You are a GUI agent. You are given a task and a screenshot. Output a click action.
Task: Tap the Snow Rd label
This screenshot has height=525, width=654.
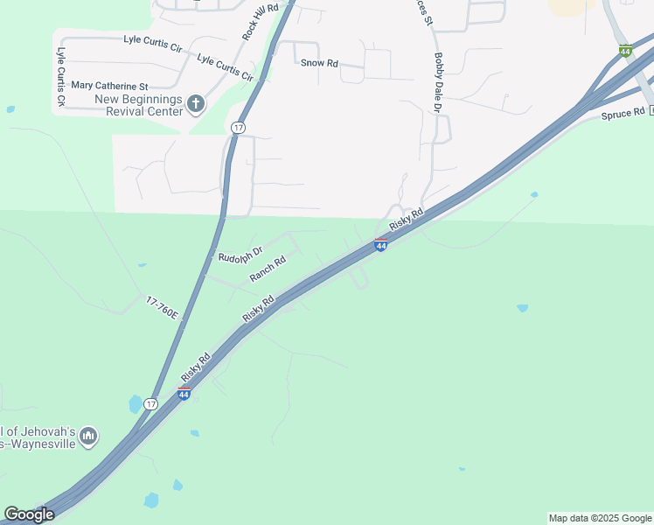click(x=319, y=63)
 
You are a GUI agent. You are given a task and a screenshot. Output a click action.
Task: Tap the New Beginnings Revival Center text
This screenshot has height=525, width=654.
click(x=138, y=105)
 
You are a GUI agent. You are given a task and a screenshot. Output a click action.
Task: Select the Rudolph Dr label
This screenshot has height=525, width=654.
click(x=240, y=256)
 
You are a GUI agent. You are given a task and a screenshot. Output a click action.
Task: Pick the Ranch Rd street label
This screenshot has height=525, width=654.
click(x=268, y=269)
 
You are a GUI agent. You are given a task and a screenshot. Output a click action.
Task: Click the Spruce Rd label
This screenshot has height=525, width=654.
click(x=623, y=114)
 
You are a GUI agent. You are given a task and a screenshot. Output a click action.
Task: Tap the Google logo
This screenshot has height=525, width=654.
click(x=29, y=514)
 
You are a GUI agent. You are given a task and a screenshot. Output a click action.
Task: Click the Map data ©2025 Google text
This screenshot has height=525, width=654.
click(x=600, y=518)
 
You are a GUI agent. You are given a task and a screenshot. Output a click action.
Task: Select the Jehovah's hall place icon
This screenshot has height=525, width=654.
click(x=87, y=436)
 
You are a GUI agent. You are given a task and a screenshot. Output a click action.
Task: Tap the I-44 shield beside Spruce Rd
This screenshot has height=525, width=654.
click(x=625, y=52)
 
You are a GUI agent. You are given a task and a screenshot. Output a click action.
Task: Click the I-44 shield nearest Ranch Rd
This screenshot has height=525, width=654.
click(x=381, y=245)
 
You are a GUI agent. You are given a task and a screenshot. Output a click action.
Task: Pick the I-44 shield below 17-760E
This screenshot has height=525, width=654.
click(x=184, y=394)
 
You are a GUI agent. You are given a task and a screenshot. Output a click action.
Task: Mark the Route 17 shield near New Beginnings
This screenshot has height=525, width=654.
click(x=238, y=128)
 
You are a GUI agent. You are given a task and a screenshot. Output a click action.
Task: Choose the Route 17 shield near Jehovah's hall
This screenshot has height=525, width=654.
click(x=151, y=404)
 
